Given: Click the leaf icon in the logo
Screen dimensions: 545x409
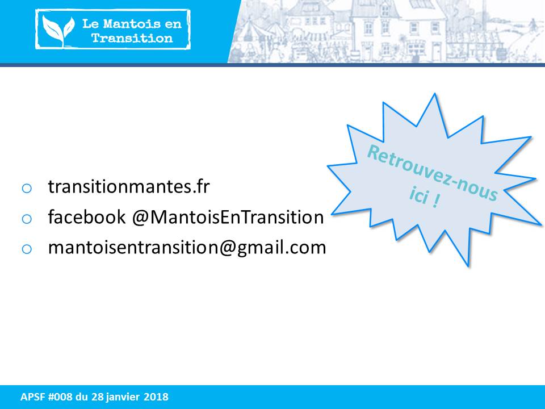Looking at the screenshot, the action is pos(58,31).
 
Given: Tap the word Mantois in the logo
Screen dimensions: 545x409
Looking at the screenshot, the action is pos(132,24).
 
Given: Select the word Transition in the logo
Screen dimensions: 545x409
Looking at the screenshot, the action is pos(132,38).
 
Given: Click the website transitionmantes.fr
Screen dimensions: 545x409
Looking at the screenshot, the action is pos(129,186).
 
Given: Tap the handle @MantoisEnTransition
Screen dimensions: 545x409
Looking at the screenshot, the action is pos(228,217).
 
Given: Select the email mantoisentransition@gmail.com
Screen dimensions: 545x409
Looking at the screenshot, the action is pos(187,248).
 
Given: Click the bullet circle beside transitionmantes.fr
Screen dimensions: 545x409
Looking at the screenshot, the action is pos(27,189).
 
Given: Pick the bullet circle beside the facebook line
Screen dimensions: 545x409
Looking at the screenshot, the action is pos(27,219).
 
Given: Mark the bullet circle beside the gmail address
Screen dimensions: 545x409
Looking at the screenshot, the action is pos(27,249).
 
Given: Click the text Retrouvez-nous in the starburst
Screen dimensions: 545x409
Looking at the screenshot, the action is pos(433,173).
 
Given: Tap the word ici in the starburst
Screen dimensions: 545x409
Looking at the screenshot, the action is pos(418,195).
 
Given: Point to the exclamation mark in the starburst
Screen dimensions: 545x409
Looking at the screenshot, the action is pos(435,201).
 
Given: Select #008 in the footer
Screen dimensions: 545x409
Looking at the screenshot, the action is pos(60,397).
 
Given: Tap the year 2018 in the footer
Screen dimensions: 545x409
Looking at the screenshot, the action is pos(156,397).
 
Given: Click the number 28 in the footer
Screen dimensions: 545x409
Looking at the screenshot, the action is pos(97,397).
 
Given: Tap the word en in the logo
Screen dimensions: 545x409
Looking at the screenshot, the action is pos(174,24).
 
